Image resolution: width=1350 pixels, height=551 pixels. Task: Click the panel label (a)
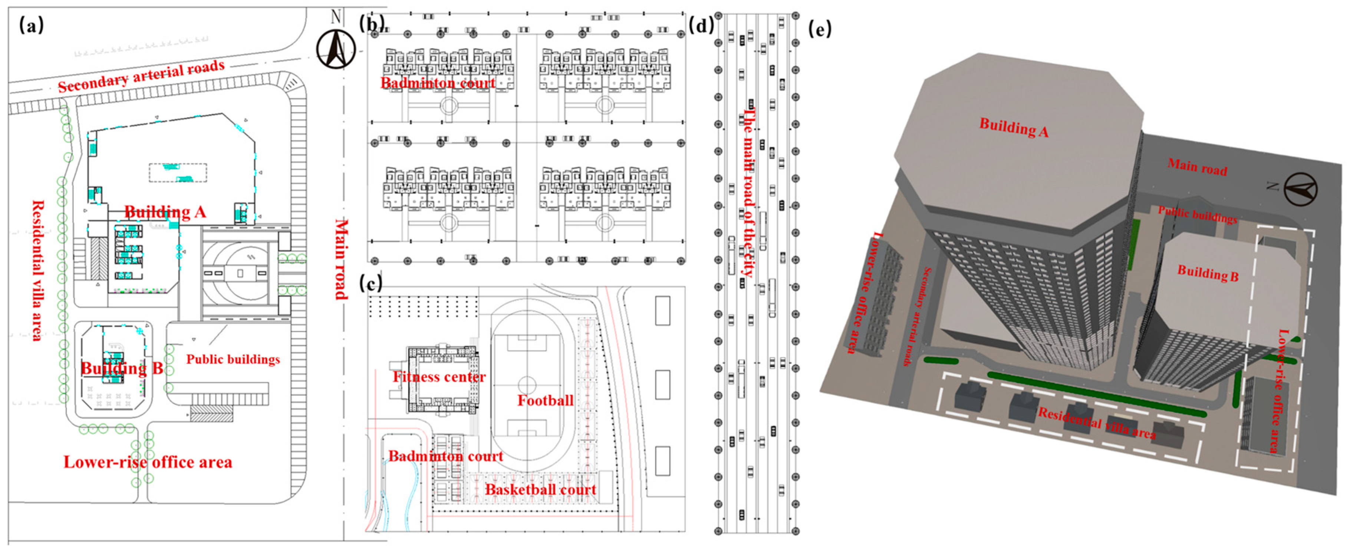pyautogui.click(x=32, y=24)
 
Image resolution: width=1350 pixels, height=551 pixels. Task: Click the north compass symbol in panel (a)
pyautogui.click(x=336, y=49)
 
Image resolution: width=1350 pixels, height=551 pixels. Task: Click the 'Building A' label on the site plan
pyautogui.click(x=165, y=212)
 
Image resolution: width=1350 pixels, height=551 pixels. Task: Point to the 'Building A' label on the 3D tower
pyautogui.click(x=1014, y=127)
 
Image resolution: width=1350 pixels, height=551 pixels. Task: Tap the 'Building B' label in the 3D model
pyautogui.click(x=1208, y=273)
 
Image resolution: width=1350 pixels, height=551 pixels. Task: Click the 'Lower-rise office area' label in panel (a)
pyautogui.click(x=148, y=462)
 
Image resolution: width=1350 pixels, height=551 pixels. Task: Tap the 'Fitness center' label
pyautogui.click(x=439, y=377)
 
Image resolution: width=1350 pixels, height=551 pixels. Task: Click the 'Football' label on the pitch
pyautogui.click(x=545, y=401)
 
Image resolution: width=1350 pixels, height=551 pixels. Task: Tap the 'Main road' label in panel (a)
pyautogui.click(x=341, y=259)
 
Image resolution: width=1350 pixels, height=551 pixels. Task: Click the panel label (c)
pyautogui.click(x=371, y=283)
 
